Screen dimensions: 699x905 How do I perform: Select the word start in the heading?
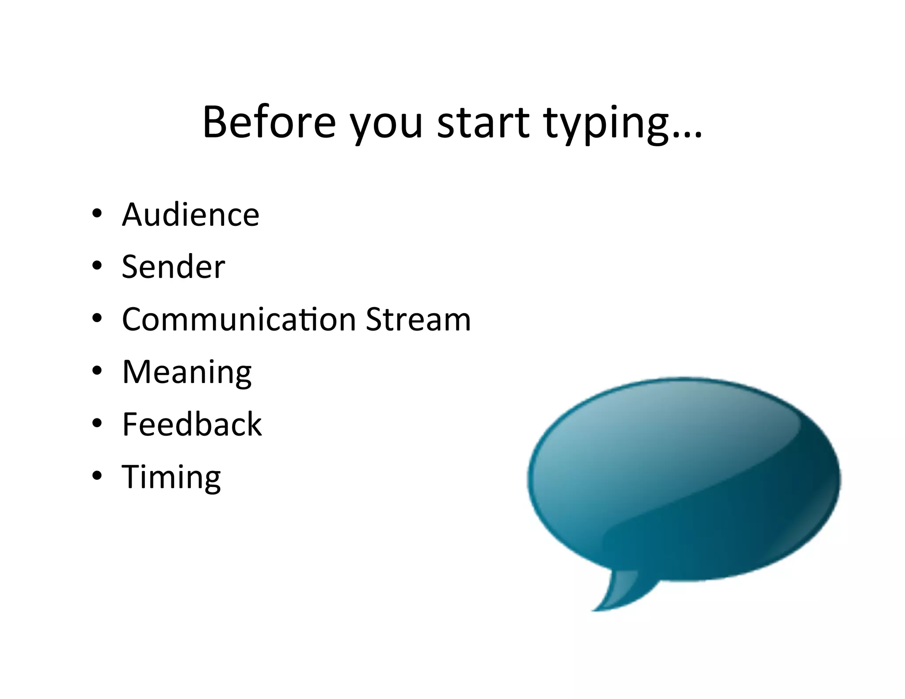coord(483,122)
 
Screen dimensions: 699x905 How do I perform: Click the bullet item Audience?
coord(190,215)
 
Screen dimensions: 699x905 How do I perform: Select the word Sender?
coord(173,267)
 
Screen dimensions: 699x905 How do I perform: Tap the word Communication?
coord(239,319)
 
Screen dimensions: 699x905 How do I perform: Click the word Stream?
coord(418,319)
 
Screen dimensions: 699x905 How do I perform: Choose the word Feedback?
coord(192,424)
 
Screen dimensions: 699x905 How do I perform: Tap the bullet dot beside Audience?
coord(97,214)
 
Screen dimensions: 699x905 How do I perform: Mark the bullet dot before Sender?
coord(97,266)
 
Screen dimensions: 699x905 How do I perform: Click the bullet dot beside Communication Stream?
coord(97,318)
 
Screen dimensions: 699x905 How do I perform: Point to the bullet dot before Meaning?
coord(97,370)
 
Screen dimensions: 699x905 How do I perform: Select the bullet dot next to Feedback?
coord(97,423)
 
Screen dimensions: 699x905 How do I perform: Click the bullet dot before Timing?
coord(97,475)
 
